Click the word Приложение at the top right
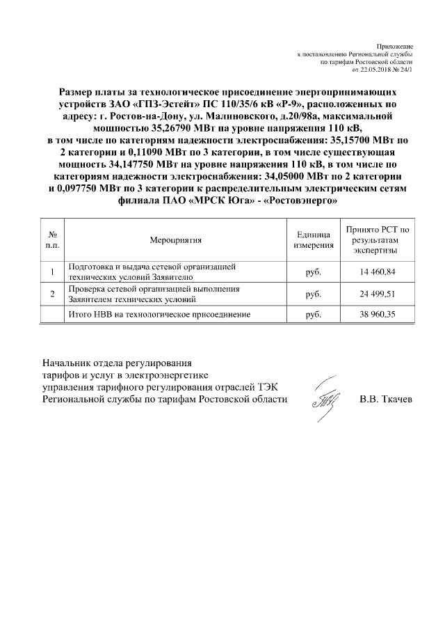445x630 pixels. [x=398, y=45]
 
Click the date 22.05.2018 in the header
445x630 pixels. [x=377, y=70]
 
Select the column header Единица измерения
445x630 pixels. [x=313, y=240]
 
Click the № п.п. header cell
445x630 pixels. [x=52, y=240]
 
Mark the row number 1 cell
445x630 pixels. [x=52, y=271]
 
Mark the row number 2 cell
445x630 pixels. [x=52, y=294]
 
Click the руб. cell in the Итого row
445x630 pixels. [x=313, y=315]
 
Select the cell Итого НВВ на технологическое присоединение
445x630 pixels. [x=157, y=315]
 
